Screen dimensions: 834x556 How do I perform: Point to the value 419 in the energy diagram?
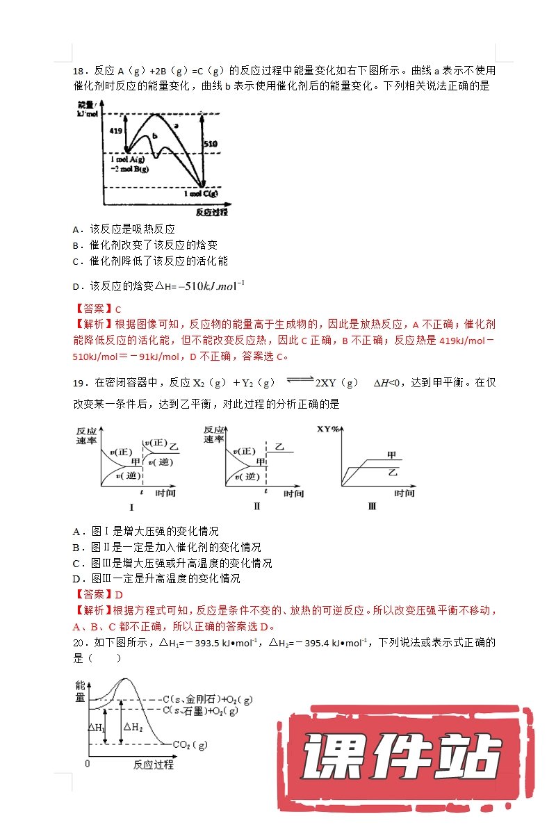click(x=115, y=130)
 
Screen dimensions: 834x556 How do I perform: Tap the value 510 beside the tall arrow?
click(x=210, y=143)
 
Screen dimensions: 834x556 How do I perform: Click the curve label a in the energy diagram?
click(x=176, y=126)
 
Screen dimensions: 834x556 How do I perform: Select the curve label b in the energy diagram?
click(x=154, y=135)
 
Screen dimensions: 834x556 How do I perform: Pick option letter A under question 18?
click(x=76, y=229)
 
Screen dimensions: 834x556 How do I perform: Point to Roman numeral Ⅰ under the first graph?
click(x=131, y=507)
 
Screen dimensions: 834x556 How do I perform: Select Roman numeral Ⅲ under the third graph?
click(x=372, y=507)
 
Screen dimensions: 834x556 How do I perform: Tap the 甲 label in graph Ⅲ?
click(x=391, y=455)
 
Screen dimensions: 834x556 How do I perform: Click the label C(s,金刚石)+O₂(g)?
click(x=207, y=698)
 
